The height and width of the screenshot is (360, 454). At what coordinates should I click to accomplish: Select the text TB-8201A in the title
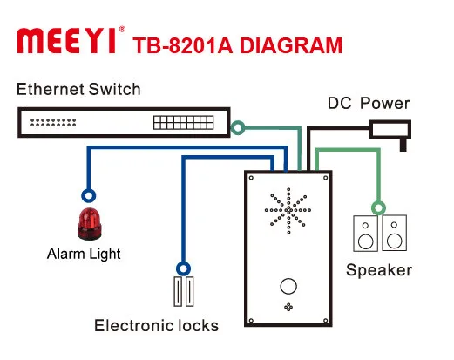coord(180,44)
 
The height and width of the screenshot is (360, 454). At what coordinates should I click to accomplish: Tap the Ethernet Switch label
coord(78,90)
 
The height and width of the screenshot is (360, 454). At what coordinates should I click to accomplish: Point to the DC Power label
coord(368,104)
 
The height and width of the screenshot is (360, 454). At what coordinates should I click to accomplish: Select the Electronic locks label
coord(156,326)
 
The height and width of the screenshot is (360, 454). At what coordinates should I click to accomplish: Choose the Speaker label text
coord(378,270)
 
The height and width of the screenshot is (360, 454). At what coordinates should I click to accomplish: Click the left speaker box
coord(365,234)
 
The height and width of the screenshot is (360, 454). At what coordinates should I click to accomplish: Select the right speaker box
coord(394,234)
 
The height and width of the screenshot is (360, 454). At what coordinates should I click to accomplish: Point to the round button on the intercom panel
coord(287,285)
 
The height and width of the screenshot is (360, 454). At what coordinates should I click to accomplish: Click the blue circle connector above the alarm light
coord(86,195)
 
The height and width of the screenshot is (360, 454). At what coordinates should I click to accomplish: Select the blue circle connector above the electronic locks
coord(182,268)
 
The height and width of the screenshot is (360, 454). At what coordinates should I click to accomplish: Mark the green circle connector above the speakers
coord(378,207)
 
